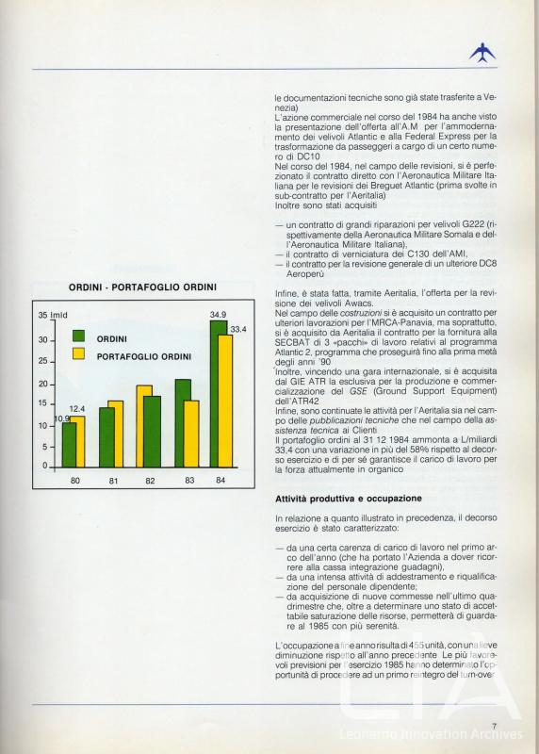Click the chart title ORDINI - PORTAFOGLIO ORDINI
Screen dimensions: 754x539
point(142,287)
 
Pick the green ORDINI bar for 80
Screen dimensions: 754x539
point(69,445)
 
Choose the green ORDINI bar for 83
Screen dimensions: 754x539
point(182,423)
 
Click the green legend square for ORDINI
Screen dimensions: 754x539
point(78,336)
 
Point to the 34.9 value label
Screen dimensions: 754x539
point(218,314)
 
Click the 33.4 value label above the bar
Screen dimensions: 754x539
point(238,329)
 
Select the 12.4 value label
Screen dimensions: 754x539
point(77,408)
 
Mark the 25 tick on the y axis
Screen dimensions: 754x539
point(43,361)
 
